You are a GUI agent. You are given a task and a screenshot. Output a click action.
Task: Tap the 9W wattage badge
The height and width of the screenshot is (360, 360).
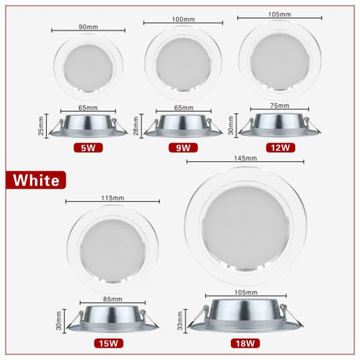coord(183,147)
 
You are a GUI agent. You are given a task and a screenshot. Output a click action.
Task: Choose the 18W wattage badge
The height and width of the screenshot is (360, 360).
coord(246,343)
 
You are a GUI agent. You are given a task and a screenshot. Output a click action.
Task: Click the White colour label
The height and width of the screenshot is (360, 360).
coord(34,180)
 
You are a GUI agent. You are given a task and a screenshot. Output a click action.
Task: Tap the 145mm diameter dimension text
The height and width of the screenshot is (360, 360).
coord(245,158)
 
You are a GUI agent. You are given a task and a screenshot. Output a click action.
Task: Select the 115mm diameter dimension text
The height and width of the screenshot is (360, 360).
coord(112,198)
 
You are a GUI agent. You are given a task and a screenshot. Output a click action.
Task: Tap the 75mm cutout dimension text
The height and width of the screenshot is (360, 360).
coord(279,106)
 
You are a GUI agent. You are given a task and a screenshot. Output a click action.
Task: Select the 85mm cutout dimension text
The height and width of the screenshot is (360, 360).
coord(112,300)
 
